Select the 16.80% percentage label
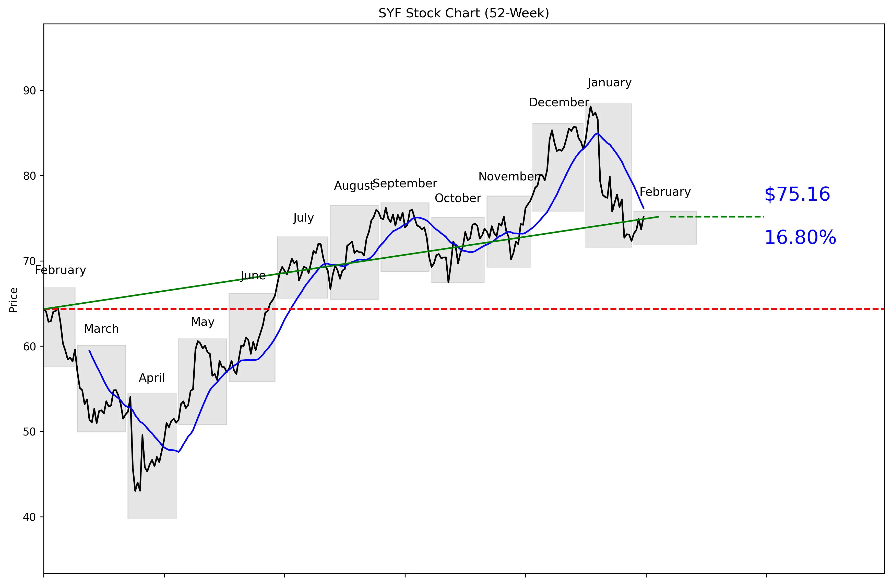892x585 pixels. (x=800, y=238)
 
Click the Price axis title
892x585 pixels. (x=14, y=300)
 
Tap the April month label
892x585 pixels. (x=152, y=378)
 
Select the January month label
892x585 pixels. (x=609, y=83)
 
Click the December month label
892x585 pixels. (x=559, y=102)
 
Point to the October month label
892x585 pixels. (x=458, y=198)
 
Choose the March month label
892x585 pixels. (x=101, y=329)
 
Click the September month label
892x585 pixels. (x=405, y=183)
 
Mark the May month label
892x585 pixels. (x=203, y=322)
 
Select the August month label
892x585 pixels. (x=354, y=186)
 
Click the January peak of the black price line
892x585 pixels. (x=591, y=107)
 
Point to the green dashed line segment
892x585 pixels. (x=717, y=217)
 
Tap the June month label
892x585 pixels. (x=253, y=276)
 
